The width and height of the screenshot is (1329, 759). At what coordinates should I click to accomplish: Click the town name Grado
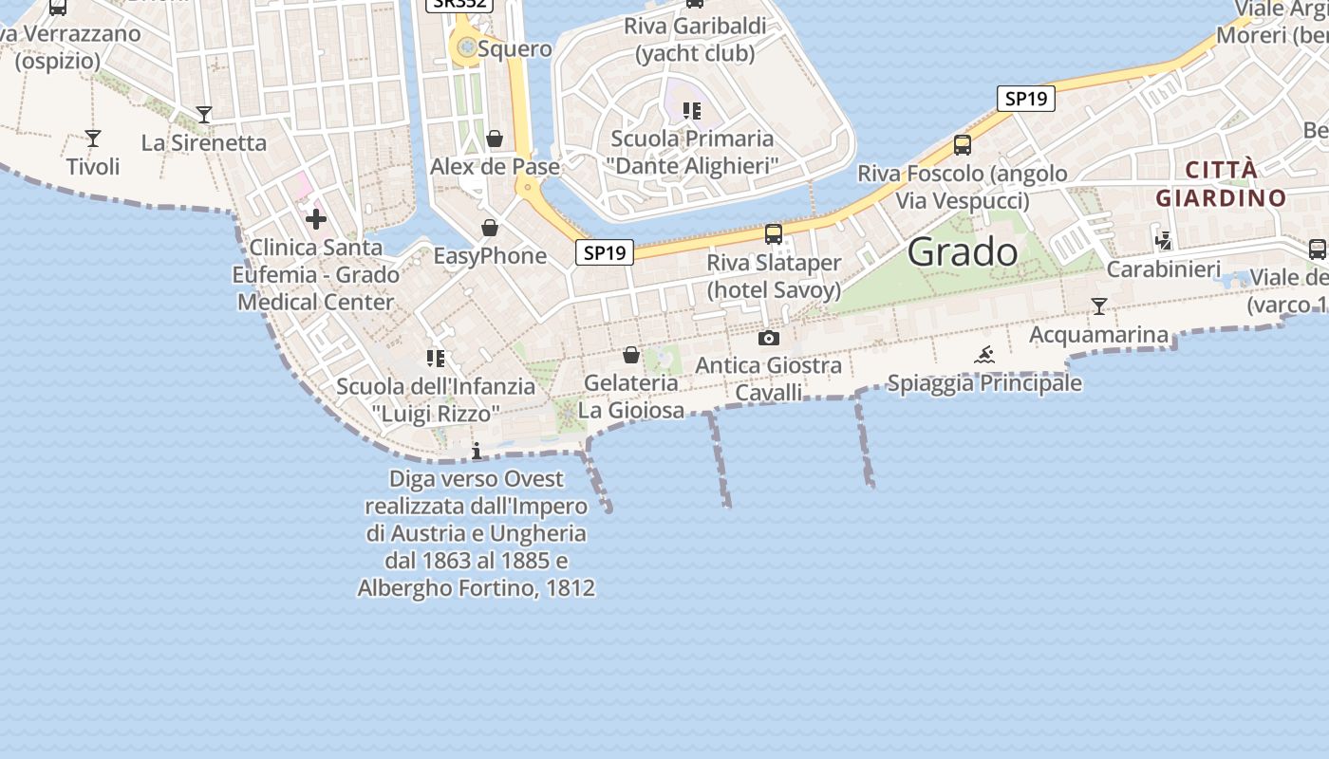[962, 251]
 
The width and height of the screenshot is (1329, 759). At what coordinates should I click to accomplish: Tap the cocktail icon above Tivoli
[92, 139]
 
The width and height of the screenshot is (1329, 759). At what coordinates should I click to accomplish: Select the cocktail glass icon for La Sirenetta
[203, 115]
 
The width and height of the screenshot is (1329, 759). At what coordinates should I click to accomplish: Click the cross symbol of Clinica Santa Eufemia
[316, 219]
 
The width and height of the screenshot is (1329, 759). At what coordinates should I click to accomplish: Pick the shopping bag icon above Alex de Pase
[495, 139]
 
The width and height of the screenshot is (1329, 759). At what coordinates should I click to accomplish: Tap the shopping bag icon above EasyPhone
[490, 228]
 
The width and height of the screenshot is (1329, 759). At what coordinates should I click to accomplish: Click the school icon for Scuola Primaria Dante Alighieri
[692, 111]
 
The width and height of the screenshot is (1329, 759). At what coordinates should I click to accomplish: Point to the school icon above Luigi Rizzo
[436, 359]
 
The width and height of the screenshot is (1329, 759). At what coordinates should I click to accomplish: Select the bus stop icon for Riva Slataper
[774, 233]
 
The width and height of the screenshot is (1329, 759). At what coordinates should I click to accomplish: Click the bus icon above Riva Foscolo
[963, 145]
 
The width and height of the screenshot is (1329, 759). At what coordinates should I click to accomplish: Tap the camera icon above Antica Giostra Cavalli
[769, 338]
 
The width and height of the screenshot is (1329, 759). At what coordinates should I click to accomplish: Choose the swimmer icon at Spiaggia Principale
[984, 356]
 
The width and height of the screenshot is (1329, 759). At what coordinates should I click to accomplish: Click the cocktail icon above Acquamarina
[1099, 306]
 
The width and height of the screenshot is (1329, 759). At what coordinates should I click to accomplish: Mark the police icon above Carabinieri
[1163, 241]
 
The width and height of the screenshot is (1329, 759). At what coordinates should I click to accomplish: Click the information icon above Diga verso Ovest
[477, 451]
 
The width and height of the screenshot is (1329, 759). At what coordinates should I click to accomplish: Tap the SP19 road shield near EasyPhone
[604, 252]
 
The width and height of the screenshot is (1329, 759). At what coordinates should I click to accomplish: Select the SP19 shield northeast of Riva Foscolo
[1026, 98]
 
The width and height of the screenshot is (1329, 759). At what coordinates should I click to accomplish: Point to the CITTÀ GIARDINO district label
[1221, 184]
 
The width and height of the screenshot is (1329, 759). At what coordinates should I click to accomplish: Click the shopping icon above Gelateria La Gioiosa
[631, 356]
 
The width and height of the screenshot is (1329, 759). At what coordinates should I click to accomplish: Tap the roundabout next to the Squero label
[466, 46]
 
